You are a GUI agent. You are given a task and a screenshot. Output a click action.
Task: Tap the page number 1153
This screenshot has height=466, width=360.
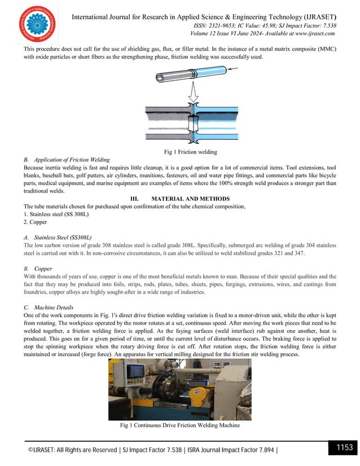341,448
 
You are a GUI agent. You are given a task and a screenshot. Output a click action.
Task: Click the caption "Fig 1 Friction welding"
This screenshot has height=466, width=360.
179,152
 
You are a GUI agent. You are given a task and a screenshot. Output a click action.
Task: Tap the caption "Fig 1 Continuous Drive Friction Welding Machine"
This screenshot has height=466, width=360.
179,425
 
